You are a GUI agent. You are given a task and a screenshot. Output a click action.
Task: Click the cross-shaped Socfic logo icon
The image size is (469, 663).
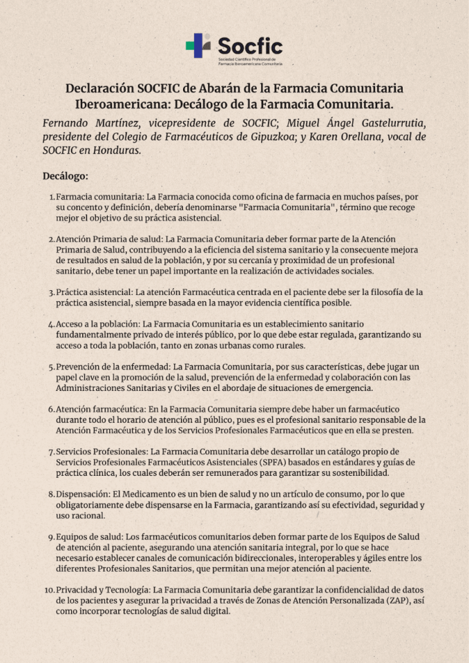tap(198, 46)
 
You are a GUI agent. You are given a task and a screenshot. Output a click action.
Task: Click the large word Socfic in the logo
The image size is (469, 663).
tap(250, 46)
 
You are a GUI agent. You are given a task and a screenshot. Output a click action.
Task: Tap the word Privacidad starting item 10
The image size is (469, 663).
tap(80, 590)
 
